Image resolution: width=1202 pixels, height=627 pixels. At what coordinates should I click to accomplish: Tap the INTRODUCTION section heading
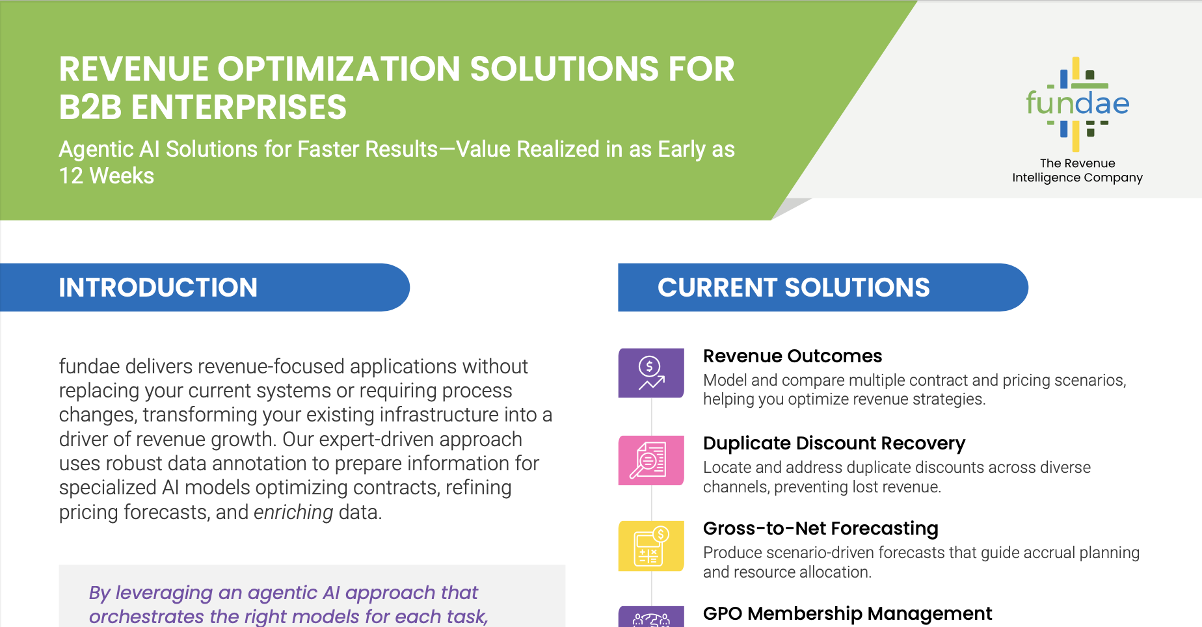tap(158, 287)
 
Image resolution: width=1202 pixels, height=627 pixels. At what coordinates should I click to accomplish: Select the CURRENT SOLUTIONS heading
tap(794, 287)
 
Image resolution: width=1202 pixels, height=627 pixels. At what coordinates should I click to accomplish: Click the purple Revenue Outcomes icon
tap(651, 373)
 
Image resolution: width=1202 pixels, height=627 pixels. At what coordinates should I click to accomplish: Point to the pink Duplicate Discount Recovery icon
tap(651, 460)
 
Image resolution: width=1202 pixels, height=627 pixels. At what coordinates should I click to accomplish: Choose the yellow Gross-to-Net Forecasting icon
tap(651, 546)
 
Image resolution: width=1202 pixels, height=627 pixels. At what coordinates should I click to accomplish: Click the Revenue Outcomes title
tap(792, 356)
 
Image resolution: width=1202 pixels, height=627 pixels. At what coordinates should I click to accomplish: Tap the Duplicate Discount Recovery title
tap(834, 444)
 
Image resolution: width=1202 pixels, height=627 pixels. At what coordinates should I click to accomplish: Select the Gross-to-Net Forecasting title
tap(820, 529)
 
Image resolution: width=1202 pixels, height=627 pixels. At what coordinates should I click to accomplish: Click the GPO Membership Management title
tap(848, 614)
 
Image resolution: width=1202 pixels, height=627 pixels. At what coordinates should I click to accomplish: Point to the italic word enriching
tap(293, 513)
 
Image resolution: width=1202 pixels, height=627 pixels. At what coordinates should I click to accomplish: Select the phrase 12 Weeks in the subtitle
tap(107, 176)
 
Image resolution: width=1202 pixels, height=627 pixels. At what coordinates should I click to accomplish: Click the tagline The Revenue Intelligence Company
tap(1077, 170)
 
